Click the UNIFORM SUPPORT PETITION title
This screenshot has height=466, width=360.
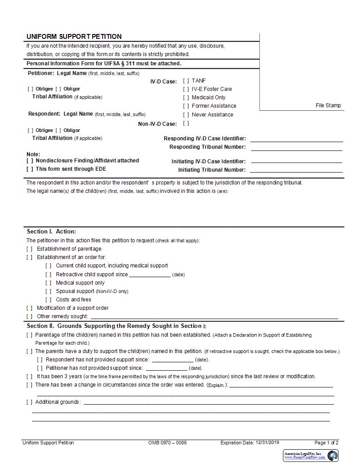[x=74, y=37]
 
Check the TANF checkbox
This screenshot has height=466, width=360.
[x=186, y=81]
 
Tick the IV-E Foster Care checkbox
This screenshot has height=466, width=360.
[x=186, y=89]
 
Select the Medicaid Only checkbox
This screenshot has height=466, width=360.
[x=186, y=98]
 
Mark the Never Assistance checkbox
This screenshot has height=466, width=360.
[x=186, y=115]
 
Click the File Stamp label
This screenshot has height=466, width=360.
[x=328, y=105]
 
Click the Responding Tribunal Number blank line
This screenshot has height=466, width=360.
[x=296, y=150]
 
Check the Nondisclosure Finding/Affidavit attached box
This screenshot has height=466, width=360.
[x=30, y=161]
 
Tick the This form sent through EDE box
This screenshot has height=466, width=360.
[x=30, y=169]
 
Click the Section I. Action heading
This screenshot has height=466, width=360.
[x=51, y=232]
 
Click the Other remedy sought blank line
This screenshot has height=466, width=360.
[x=214, y=317]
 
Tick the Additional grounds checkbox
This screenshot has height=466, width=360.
[x=30, y=402]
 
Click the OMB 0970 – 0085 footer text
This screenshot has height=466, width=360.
[x=168, y=443]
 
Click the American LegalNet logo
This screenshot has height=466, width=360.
[x=311, y=455]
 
